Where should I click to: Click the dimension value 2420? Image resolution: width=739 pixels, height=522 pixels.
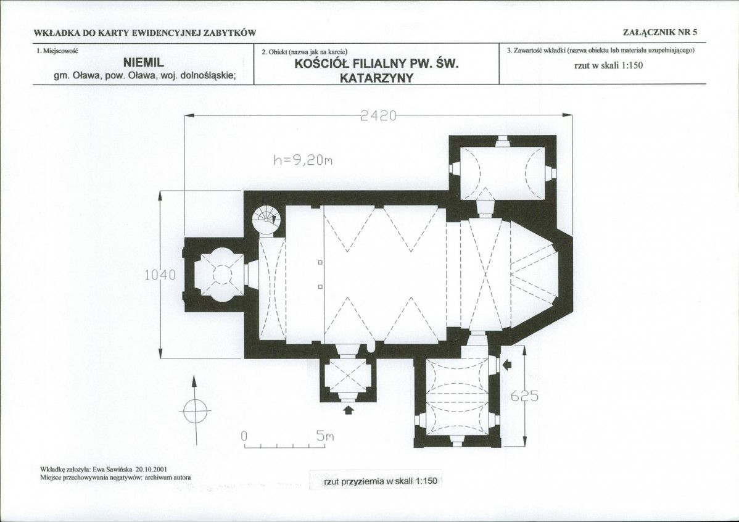[378, 115]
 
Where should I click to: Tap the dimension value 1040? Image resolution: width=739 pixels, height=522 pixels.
[160, 275]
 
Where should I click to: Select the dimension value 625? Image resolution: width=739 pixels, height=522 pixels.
[524, 397]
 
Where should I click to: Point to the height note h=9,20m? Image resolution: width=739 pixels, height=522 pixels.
[303, 160]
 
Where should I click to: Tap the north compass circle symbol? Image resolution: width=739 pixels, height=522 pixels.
[195, 411]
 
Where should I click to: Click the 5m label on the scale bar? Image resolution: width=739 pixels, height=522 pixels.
[324, 437]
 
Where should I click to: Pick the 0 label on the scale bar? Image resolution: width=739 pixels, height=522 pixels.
[244, 437]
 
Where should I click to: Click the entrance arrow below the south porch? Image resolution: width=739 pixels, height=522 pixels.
[349, 410]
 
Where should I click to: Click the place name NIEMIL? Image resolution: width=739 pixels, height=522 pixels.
[143, 62]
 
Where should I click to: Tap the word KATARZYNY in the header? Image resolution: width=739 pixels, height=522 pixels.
[376, 78]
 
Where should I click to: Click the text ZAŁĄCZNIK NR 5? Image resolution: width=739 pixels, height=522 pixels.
[660, 33]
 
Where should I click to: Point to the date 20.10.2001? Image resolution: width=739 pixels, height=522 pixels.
[151, 470]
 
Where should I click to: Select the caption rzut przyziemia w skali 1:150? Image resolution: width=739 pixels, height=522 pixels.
[381, 481]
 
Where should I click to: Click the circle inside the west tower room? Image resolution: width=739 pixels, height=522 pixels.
[222, 273]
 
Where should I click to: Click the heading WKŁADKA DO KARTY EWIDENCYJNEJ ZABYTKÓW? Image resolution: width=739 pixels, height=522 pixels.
[145, 33]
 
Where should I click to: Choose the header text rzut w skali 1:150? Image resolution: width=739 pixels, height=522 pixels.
[608, 65]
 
